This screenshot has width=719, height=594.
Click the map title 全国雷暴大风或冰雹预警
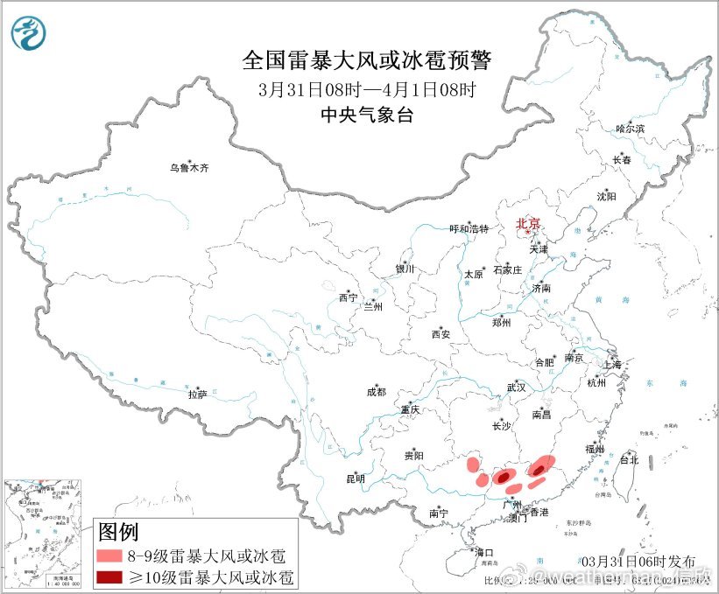click(x=367, y=60)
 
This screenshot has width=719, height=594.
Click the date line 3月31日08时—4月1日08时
click(x=367, y=89)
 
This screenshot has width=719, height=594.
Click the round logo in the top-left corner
click(x=30, y=32)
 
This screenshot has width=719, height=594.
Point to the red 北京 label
click(x=529, y=224)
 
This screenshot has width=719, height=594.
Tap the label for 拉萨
click(x=196, y=395)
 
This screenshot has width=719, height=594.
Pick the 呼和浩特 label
click(x=471, y=229)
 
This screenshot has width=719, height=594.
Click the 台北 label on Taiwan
click(x=629, y=459)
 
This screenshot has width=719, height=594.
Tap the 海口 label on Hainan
click(x=484, y=552)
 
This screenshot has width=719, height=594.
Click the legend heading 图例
click(x=118, y=531)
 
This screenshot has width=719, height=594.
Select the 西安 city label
click(x=440, y=334)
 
